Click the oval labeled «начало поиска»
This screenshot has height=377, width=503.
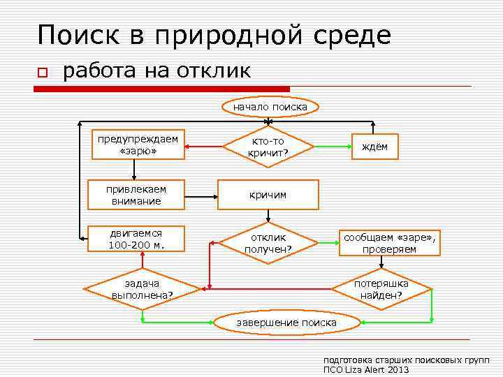coord(270,107)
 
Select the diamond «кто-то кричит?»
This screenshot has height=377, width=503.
coord(268,147)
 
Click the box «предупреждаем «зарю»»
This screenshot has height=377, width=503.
coord(138,145)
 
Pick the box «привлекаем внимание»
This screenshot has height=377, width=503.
coord(136,195)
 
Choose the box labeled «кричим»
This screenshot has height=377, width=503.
coord(268,195)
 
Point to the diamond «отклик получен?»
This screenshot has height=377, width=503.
coord(268,243)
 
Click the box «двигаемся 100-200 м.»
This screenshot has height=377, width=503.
coord(136,239)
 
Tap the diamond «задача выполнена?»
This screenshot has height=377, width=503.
coord(142,288)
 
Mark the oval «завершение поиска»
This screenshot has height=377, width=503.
coord(286,322)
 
